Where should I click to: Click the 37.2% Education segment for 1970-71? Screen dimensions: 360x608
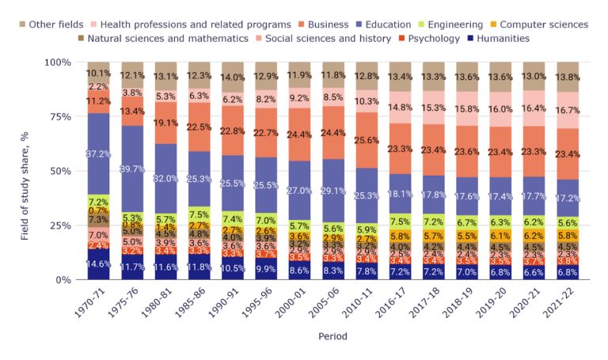click(98, 153)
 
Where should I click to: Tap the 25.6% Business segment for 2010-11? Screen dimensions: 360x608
click(367, 140)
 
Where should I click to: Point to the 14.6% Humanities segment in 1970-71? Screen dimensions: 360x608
click(98, 263)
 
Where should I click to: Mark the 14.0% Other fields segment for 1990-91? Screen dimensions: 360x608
click(233, 78)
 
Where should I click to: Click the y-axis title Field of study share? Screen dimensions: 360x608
click(25, 170)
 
